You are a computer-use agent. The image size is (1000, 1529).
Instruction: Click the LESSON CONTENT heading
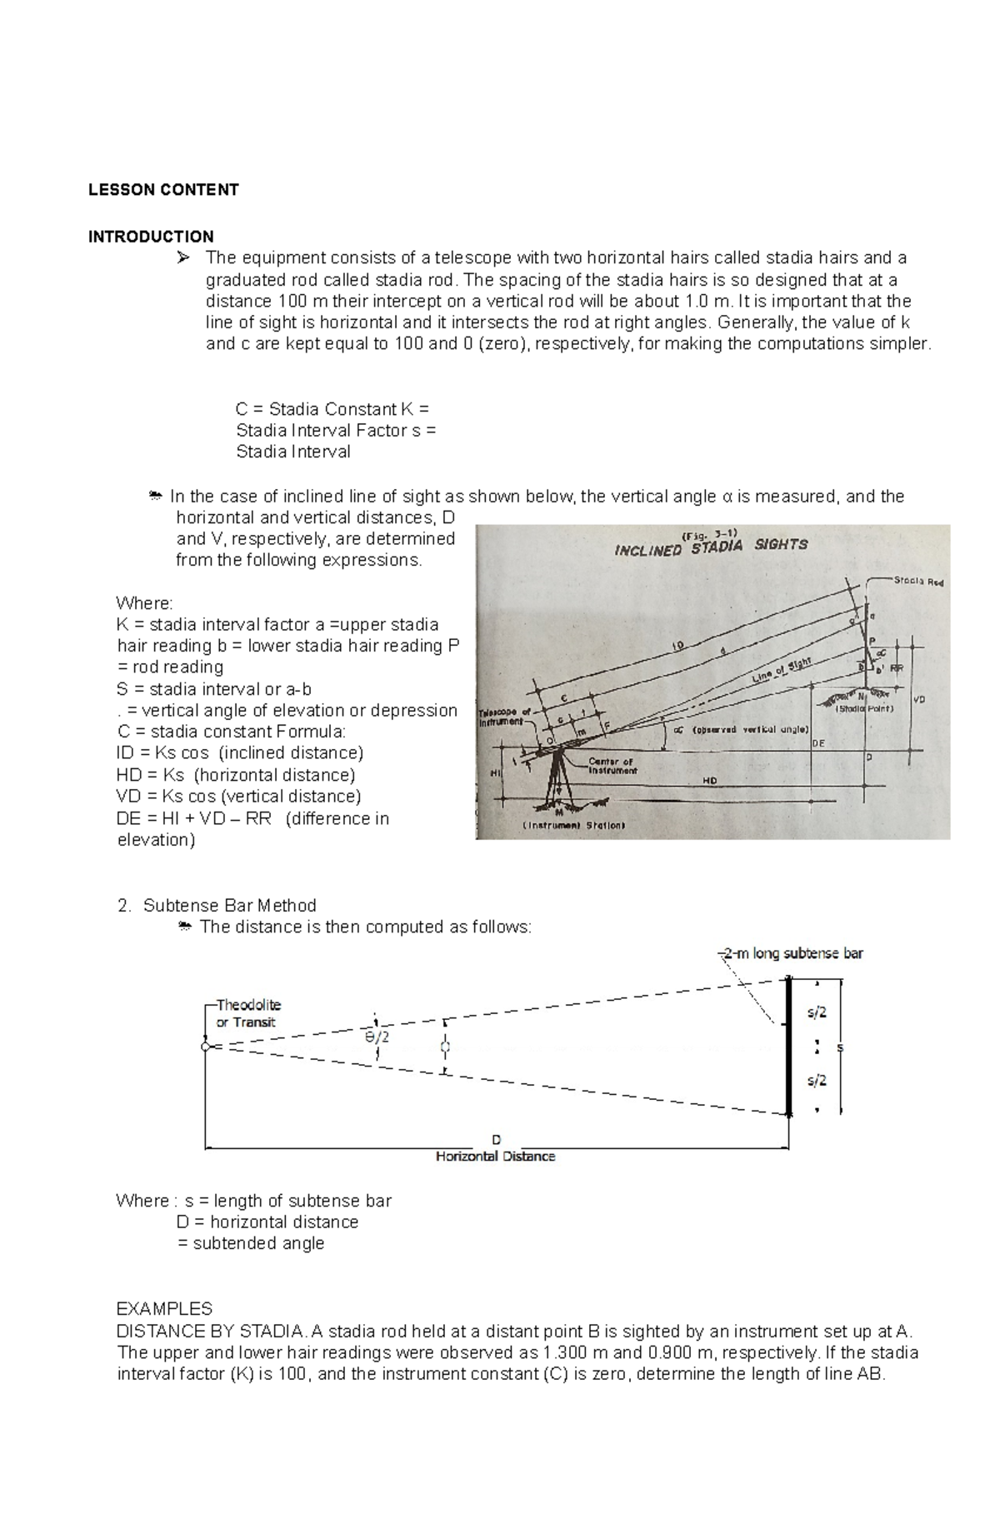pos(163,190)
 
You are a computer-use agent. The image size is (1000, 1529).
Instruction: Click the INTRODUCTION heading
pos(151,237)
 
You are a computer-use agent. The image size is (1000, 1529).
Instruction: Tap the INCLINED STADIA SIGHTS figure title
pos(711,547)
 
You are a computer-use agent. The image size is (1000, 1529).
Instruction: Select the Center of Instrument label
pos(612,766)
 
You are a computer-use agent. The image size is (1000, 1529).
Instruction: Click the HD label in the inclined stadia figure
pos(710,781)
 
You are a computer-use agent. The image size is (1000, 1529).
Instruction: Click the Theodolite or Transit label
pos(247,1013)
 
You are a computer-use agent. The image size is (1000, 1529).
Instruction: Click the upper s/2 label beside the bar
pos(817,1013)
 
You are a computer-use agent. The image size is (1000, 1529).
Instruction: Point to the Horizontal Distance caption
pos(495,1157)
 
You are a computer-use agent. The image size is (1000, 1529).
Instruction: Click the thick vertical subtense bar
pos(787,1047)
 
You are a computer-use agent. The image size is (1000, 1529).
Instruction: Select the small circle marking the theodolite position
pos(205,1047)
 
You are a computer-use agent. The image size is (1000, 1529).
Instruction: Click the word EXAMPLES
pos(164,1308)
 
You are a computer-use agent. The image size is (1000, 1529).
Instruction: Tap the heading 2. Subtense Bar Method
pos(217,906)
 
